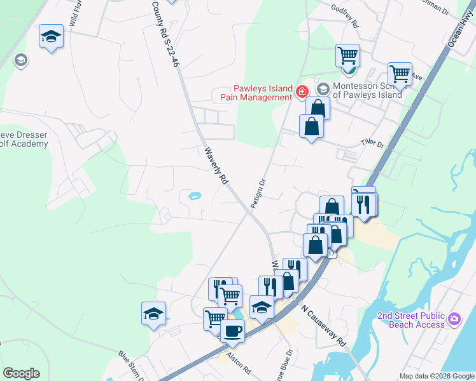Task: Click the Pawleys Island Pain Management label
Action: pyautogui.click(x=253, y=93)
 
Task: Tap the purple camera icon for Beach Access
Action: pyautogui.click(x=454, y=318)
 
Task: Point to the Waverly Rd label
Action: pyautogui.click(x=216, y=166)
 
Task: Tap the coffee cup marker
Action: pyautogui.click(x=232, y=330)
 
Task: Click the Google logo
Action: pyautogui.click(x=21, y=373)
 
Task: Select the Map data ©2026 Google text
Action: pyautogui.click(x=437, y=376)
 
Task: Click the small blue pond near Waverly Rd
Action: pyautogui.click(x=194, y=196)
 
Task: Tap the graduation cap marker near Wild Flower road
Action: pyautogui.click(x=50, y=36)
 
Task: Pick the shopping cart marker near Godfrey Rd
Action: pyautogui.click(x=347, y=55)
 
